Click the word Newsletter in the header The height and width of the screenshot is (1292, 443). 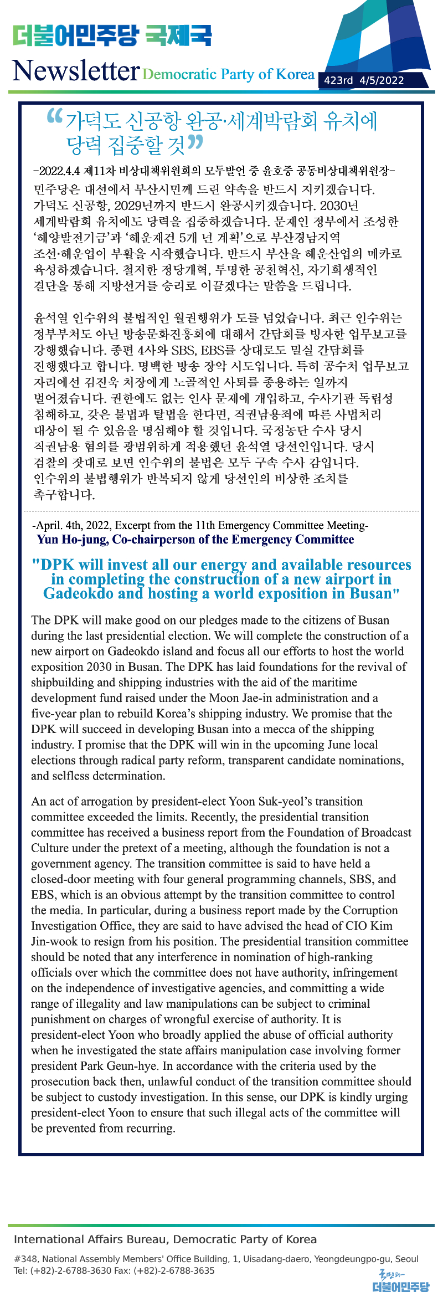76,71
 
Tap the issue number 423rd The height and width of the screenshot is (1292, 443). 338,80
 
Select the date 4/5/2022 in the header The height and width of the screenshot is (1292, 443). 382,80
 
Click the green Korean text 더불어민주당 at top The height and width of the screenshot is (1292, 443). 75,35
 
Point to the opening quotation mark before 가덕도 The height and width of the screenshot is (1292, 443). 55,116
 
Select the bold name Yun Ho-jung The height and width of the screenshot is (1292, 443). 73,540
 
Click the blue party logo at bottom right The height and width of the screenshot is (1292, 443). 400,1281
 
